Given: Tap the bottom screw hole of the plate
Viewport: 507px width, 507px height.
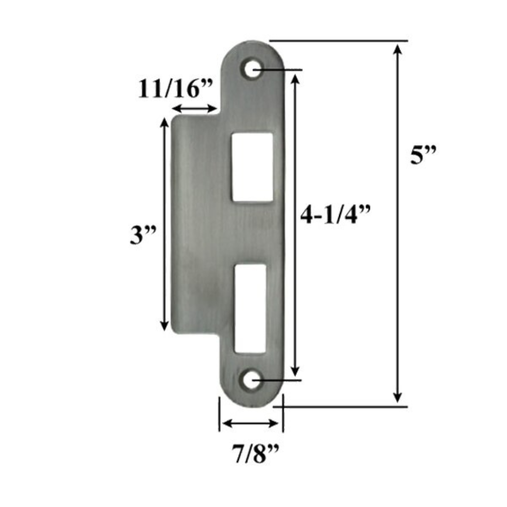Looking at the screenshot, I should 251,381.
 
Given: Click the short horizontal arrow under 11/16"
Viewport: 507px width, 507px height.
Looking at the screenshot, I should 194,108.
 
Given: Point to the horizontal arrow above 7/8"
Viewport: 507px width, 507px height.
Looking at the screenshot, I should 251,423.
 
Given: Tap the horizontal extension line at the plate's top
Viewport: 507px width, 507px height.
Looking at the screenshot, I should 338,41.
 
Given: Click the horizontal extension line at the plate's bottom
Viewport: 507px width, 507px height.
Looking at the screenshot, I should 344,405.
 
